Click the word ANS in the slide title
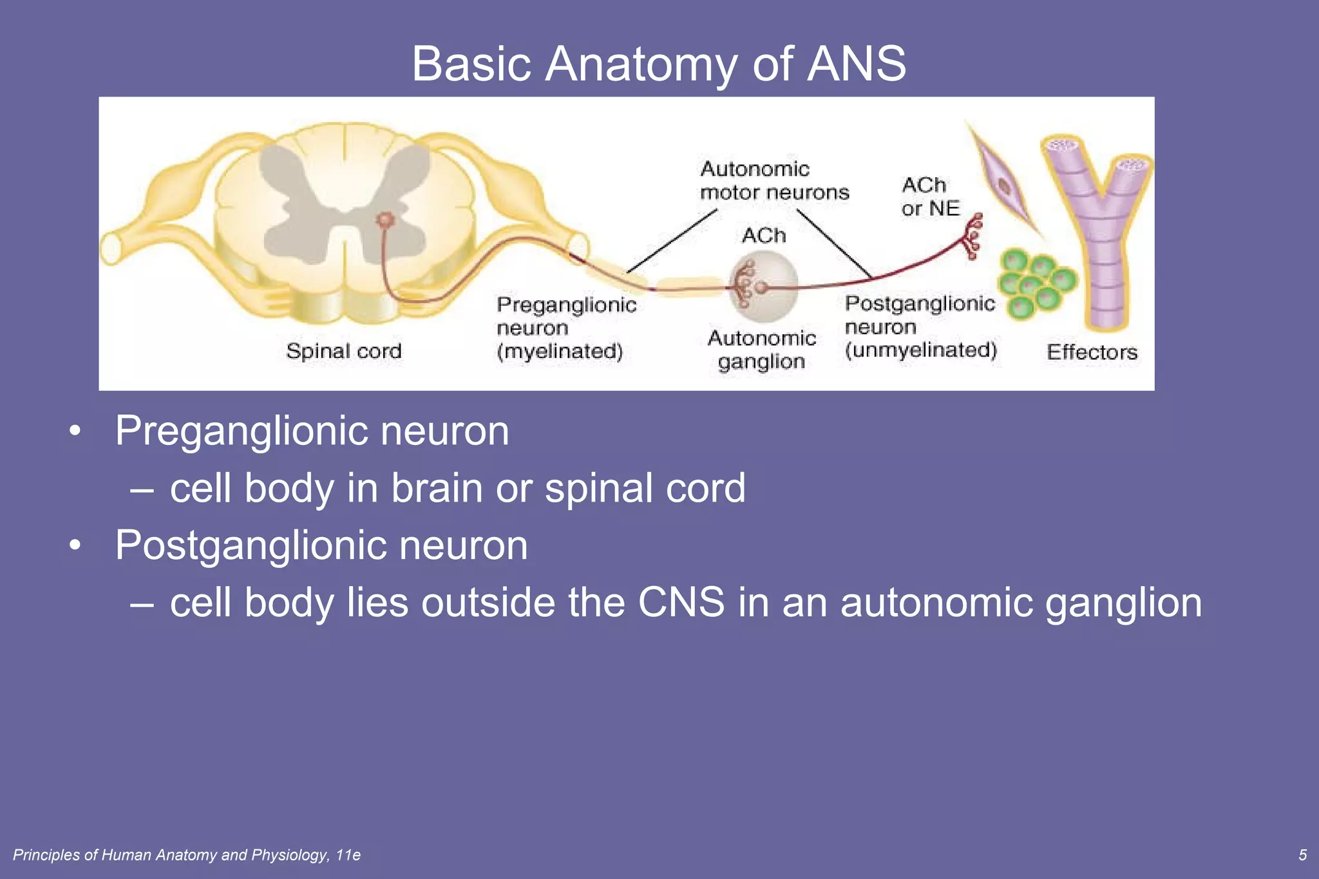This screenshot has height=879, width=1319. (856, 64)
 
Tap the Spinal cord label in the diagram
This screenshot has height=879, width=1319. (343, 351)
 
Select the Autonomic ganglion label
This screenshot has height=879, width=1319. (761, 350)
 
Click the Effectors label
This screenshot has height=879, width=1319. (1092, 352)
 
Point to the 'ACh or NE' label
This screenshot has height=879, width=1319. (929, 196)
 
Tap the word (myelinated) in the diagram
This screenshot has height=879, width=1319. (559, 352)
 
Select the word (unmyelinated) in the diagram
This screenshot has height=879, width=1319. (920, 350)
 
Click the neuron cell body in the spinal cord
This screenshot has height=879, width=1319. (384, 221)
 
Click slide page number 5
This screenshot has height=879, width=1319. (1302, 855)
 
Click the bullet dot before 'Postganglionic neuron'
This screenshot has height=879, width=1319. (75, 545)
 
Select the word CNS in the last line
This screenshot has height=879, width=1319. (681, 603)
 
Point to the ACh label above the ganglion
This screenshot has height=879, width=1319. (764, 236)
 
